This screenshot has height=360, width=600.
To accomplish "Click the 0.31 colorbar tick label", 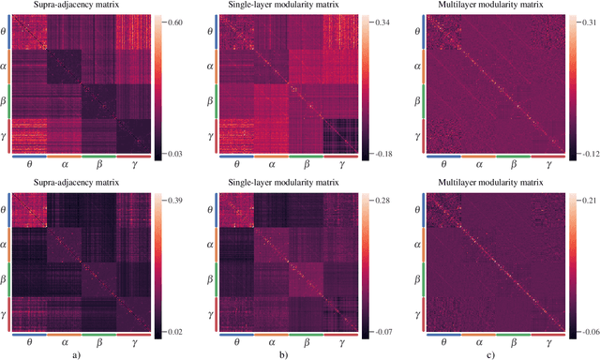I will [x=588, y=20].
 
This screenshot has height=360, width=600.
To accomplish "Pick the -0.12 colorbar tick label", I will [x=589, y=153].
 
